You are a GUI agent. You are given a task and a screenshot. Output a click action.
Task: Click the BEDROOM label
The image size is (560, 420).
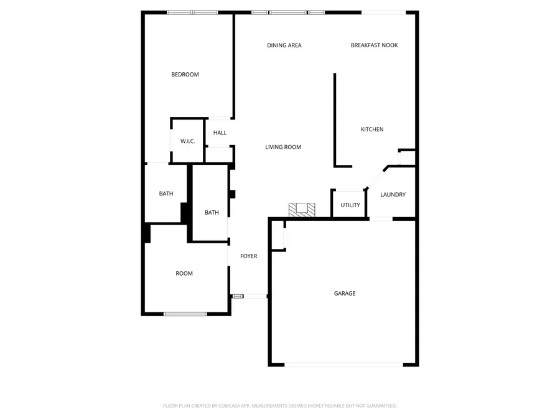185,75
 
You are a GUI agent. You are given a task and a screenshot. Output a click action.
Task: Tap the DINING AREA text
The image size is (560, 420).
284,45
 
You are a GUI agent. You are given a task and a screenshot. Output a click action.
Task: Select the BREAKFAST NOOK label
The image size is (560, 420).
374,45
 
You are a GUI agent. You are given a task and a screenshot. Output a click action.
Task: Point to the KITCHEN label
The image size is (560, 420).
372,129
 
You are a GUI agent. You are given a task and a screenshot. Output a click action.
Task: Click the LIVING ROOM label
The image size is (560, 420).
283,147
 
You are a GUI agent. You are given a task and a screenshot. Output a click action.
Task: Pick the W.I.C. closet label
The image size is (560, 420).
188,141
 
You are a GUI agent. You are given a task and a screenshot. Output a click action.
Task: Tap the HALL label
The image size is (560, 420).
220,133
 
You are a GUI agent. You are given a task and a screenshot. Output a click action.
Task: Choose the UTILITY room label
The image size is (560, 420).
350,205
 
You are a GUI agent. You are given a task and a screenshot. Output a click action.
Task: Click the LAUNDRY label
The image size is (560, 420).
393,195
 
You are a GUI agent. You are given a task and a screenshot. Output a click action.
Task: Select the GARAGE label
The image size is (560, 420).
345,294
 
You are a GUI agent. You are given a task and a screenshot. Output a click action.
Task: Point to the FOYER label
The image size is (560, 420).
248,256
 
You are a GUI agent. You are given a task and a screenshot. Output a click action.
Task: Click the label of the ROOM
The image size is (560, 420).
184,274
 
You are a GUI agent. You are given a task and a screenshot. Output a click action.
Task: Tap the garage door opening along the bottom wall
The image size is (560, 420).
344,365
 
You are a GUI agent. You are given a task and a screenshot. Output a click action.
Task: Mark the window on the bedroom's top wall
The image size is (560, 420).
192,12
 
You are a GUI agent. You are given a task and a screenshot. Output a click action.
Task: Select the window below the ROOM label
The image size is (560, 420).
185,314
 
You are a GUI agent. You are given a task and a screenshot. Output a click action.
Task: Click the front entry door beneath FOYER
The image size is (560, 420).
249,296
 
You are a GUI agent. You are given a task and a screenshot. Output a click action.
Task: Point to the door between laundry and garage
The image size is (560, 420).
381,218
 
